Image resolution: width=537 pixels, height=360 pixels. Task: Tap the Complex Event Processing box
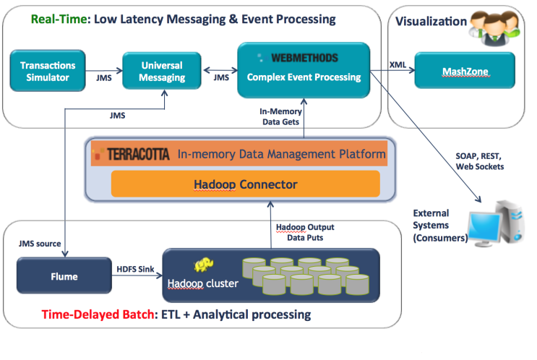304,70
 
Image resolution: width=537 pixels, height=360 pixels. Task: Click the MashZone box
464,71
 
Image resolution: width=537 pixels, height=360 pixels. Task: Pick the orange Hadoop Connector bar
245,184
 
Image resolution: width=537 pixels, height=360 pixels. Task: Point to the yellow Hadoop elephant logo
202,265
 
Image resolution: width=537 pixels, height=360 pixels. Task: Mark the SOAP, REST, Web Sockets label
479,161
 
